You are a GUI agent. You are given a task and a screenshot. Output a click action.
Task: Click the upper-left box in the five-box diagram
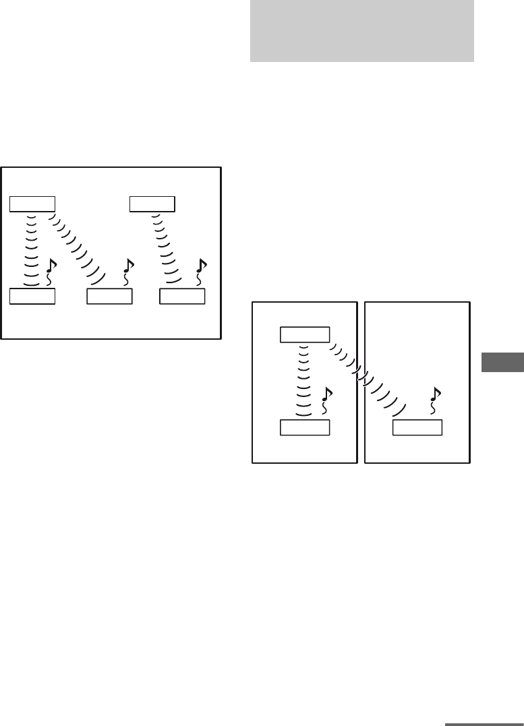pos(32,204)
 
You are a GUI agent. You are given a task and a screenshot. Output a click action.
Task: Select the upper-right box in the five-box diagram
pos(152,204)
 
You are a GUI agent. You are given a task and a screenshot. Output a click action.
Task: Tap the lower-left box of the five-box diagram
pos(32,296)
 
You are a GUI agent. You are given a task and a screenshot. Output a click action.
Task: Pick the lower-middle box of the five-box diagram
pos(109,296)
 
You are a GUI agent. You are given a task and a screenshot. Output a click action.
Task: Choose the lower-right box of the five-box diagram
pos(182,296)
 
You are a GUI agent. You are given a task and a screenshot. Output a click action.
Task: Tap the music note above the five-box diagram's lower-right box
pos(200,270)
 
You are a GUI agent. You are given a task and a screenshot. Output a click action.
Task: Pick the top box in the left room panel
pos(305,334)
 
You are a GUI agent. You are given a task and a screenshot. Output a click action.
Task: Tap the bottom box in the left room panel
pos(305,427)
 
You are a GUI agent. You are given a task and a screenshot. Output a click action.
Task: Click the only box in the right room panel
pos(417,427)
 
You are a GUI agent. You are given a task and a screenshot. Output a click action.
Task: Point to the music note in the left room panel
pos(326,399)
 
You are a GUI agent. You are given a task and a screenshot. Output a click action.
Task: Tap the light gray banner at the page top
pos(361,31)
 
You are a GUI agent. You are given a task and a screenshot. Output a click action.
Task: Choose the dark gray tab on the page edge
pos(503,361)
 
